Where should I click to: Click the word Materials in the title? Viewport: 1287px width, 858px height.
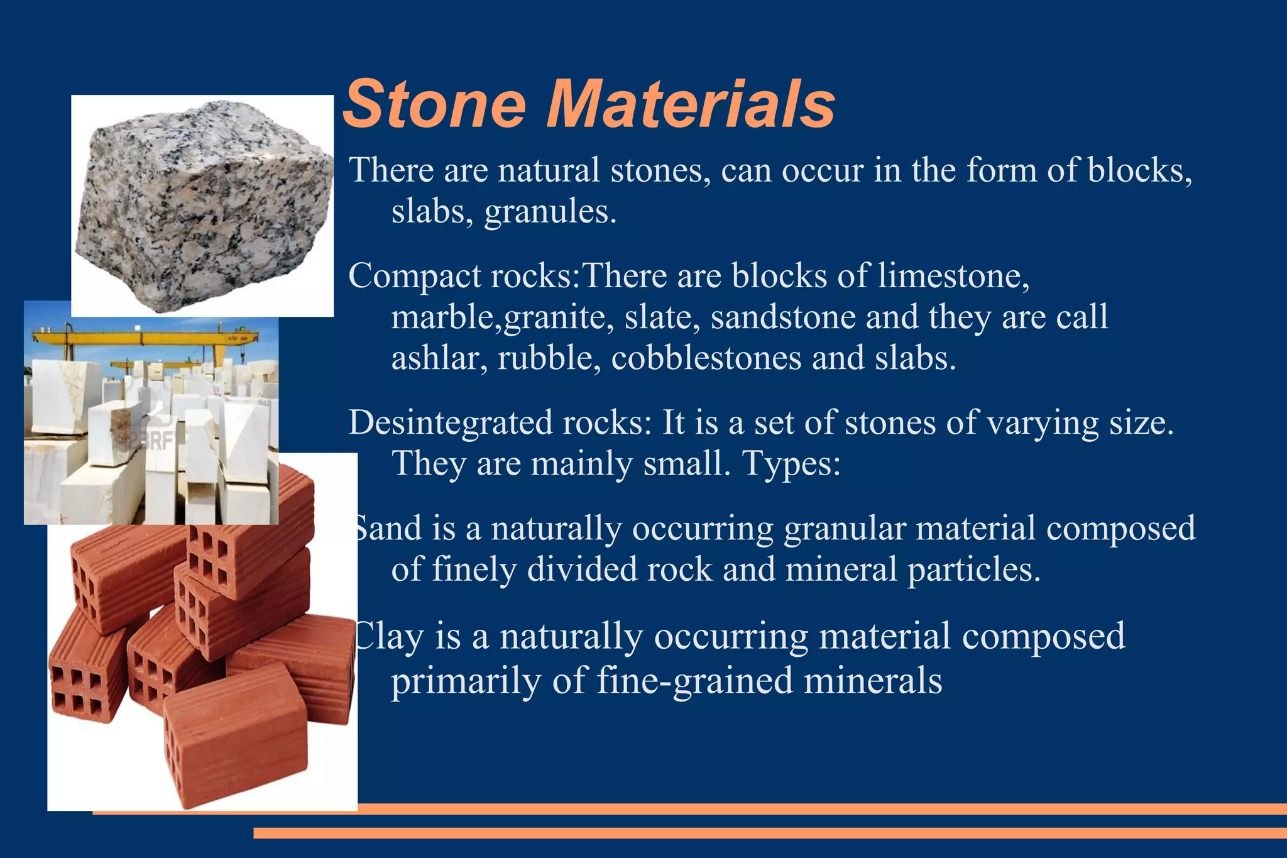click(691, 104)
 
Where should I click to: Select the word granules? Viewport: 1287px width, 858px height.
click(550, 212)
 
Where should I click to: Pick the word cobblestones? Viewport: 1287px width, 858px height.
click(706, 358)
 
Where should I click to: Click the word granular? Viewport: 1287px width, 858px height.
click(845, 528)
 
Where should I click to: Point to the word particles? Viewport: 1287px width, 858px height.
click(973, 569)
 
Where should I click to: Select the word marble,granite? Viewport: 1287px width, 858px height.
click(502, 318)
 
